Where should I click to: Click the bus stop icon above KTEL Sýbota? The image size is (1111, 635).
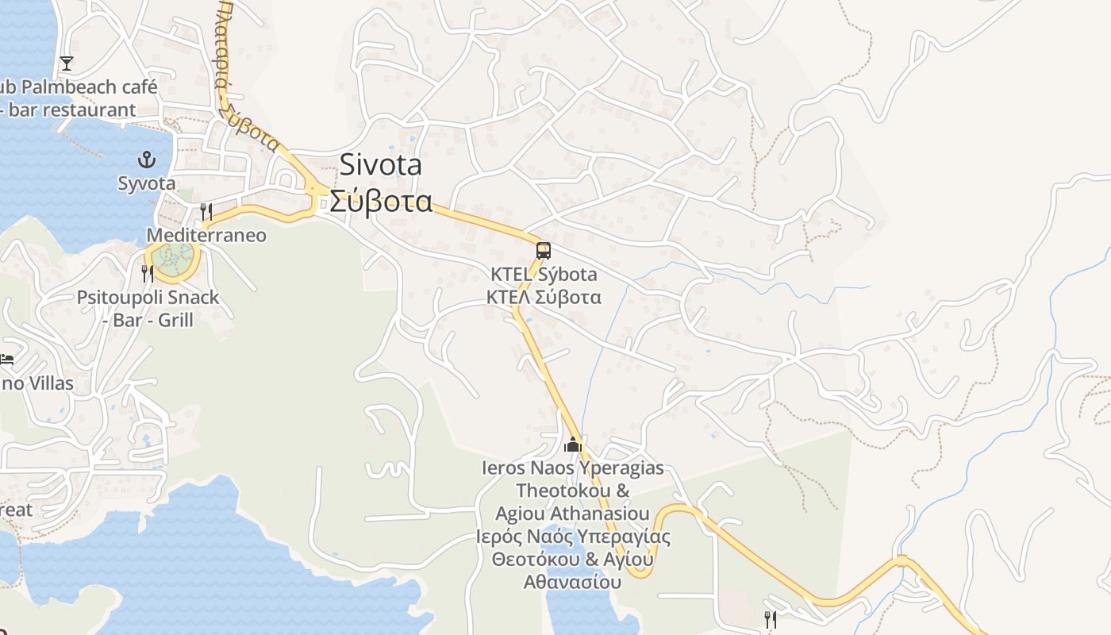(543, 251)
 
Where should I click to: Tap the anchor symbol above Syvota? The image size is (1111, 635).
(147, 160)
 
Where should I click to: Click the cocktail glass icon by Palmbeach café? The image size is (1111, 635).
(67, 63)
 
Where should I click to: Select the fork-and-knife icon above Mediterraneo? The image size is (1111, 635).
(206, 211)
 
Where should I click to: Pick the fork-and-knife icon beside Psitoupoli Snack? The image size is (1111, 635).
(148, 274)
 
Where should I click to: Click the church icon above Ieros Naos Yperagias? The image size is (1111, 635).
(573, 444)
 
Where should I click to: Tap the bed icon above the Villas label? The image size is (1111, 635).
(7, 360)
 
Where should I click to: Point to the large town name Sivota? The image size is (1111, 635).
(381, 165)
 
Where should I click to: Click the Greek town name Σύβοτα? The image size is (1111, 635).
(381, 202)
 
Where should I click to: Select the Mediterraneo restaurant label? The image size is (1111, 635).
(206, 236)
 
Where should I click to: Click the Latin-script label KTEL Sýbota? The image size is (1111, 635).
(544, 275)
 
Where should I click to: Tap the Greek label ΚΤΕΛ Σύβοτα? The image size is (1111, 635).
(544, 298)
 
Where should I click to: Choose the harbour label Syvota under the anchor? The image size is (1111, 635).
(147, 183)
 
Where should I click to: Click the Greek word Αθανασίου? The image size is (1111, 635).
(571, 582)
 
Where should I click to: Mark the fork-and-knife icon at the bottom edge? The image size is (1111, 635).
(771, 619)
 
